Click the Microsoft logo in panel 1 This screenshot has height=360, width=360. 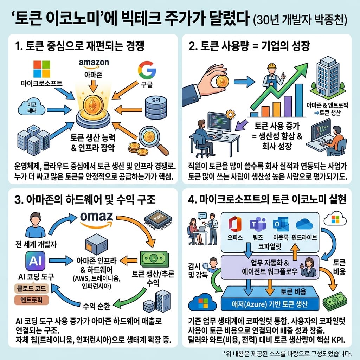tap(41, 69)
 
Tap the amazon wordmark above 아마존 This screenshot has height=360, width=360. tap(94, 63)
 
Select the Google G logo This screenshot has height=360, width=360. tap(147, 70)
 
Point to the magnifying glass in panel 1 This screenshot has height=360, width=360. tap(150, 138)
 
